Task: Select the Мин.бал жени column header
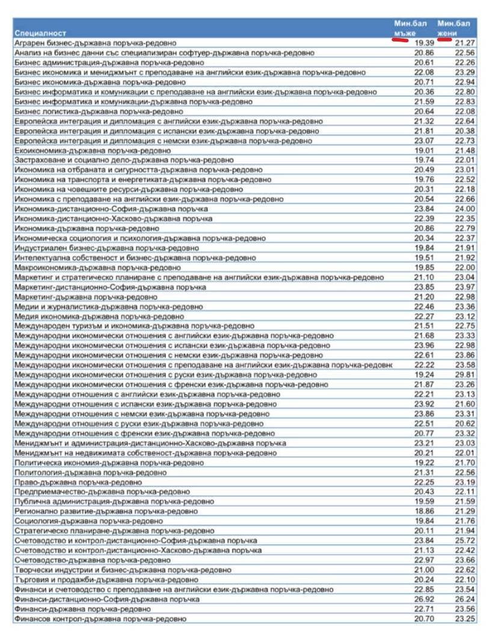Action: tap(453, 27)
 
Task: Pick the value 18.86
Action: tap(423, 511)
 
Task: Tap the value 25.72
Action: tap(465, 540)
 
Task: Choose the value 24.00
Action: tap(465, 209)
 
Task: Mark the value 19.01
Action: tap(423, 150)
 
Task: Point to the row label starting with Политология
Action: tap(82, 472)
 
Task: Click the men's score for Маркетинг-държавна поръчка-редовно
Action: tap(423, 296)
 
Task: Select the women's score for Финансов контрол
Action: tap(465, 619)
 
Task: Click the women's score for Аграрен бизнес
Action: tap(465, 43)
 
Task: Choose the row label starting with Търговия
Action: tap(105, 579)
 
